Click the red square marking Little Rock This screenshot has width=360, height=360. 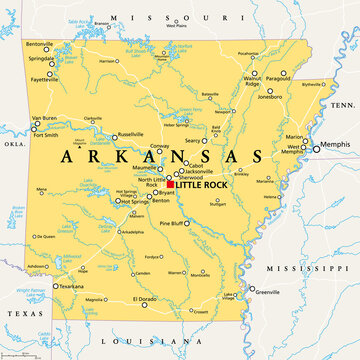(171, 185)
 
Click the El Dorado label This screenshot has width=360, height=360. (144, 299)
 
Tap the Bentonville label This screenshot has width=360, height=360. (39, 44)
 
